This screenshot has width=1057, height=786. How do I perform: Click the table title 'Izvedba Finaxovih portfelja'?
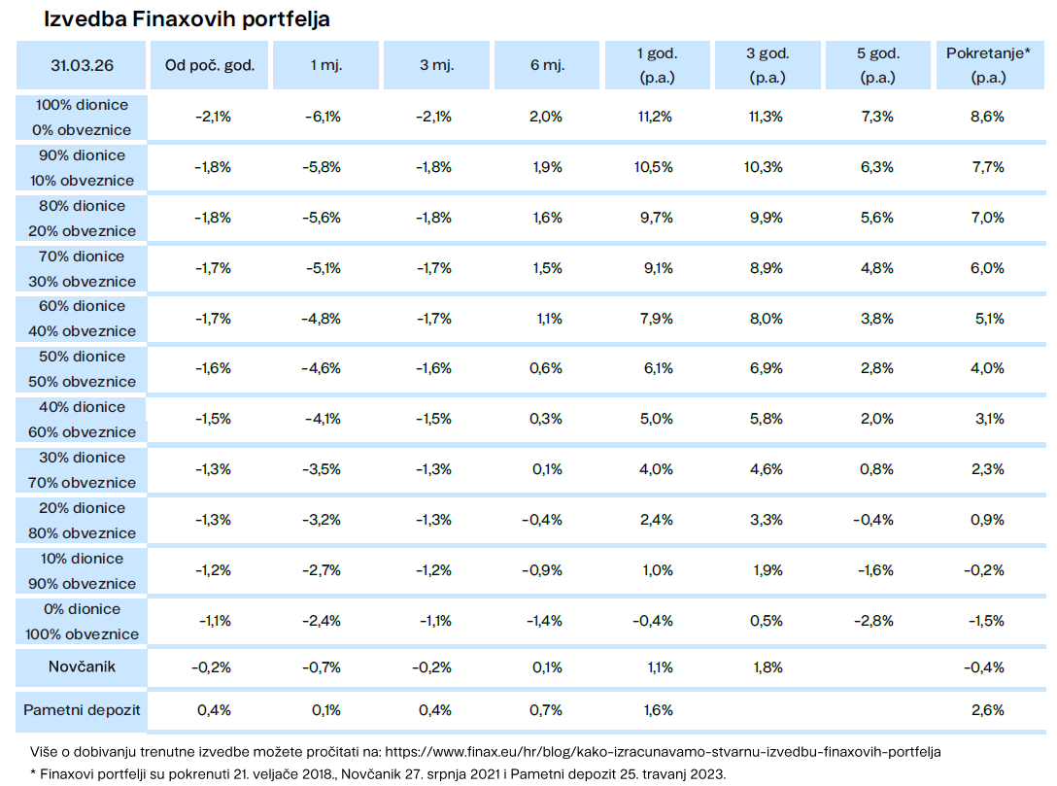point(187,18)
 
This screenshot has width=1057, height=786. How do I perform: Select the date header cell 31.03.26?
point(82,65)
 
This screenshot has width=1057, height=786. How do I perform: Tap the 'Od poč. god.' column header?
point(210,65)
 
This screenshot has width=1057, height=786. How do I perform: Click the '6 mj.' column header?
point(547,65)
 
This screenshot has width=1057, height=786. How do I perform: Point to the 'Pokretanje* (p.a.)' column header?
point(988,65)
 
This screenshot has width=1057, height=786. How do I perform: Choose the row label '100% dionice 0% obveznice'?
point(82,118)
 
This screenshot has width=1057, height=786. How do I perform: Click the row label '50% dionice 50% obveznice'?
point(82,369)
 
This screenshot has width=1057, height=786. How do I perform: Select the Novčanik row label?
point(82,666)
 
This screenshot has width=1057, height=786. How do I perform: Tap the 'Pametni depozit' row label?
point(82,710)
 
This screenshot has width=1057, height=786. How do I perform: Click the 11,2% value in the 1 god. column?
point(655,117)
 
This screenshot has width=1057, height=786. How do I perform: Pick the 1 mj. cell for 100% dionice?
point(323,117)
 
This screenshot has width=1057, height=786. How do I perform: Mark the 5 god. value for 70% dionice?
point(877,268)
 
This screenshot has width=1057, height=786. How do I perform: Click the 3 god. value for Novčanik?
point(767,667)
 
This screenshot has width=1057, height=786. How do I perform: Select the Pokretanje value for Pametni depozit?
point(988,710)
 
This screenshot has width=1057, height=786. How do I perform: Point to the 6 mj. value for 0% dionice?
point(544,621)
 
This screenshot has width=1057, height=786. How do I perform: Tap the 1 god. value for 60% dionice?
point(657,318)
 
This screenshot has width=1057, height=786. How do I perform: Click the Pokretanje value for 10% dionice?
point(984,570)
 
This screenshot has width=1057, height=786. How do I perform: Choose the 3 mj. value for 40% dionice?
point(433,419)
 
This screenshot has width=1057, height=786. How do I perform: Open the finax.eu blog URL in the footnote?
point(663,752)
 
